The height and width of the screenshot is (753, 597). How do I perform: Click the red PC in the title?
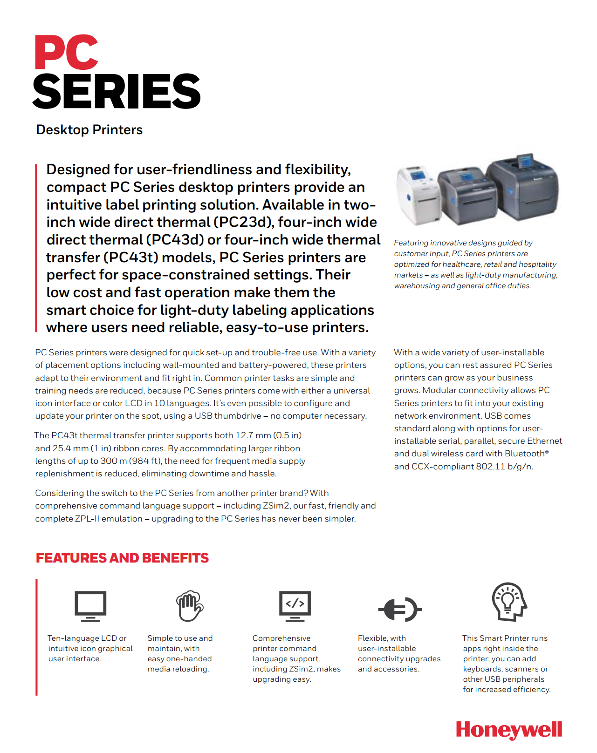tap(66, 52)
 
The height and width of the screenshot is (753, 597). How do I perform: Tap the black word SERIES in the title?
tap(117, 91)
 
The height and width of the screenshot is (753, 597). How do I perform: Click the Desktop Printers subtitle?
tap(89, 129)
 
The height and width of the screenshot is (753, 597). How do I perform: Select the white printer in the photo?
tap(418, 192)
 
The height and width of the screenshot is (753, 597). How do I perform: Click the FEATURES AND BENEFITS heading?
tap(122, 558)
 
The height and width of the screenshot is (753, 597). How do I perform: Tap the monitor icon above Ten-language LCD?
tap(90, 605)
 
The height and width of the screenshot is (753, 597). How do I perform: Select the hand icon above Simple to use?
tap(189, 605)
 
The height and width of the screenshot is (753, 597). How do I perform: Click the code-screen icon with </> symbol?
tap(295, 605)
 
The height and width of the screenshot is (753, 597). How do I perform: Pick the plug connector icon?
tap(400, 609)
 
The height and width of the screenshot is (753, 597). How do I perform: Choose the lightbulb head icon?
tap(509, 601)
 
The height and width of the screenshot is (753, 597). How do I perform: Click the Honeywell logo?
tap(509, 730)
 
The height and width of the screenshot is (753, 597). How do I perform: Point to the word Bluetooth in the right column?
tap(524, 454)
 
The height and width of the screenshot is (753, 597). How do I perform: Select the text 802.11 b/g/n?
tap(504, 467)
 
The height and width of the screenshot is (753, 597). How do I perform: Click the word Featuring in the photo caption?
tap(411, 243)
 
